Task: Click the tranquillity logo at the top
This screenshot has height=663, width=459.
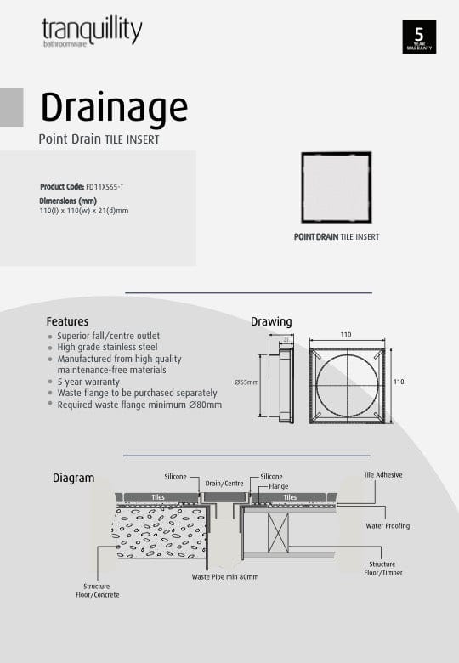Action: point(92,32)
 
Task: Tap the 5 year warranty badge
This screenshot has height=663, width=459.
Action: point(419,37)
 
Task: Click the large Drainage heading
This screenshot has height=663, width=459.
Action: point(114,108)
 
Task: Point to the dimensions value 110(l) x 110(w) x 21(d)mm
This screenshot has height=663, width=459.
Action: point(83,210)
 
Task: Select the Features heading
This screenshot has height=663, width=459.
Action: point(67,322)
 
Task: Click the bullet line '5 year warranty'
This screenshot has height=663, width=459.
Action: point(88,382)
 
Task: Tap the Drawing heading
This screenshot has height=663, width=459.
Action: point(271,322)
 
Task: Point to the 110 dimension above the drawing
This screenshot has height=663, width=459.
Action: point(346,336)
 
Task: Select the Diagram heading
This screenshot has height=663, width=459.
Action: point(74,479)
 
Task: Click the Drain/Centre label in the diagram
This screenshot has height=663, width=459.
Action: point(225,484)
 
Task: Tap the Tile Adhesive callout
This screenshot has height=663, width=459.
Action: point(383,475)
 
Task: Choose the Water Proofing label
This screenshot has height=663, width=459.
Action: point(388,526)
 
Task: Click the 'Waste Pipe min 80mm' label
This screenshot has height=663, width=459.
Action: point(225,576)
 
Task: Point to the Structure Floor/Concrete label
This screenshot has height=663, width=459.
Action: point(97,591)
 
